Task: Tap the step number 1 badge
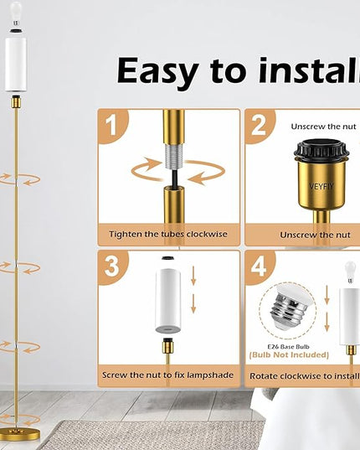click(112, 126)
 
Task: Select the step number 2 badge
click(259, 126)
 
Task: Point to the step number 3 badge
click(112, 267)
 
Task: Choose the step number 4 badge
click(259, 267)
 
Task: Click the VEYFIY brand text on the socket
click(321, 186)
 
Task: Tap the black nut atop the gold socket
click(321, 149)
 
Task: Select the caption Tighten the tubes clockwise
click(168, 234)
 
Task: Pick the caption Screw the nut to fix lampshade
click(168, 375)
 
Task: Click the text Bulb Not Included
click(289, 355)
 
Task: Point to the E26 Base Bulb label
click(288, 347)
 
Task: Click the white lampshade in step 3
click(168, 301)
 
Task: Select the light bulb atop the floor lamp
click(16, 13)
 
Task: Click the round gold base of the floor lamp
click(20, 435)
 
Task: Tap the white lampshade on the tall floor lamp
click(15, 65)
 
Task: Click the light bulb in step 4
click(350, 272)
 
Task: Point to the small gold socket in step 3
click(167, 346)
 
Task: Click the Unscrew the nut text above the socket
click(324, 127)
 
